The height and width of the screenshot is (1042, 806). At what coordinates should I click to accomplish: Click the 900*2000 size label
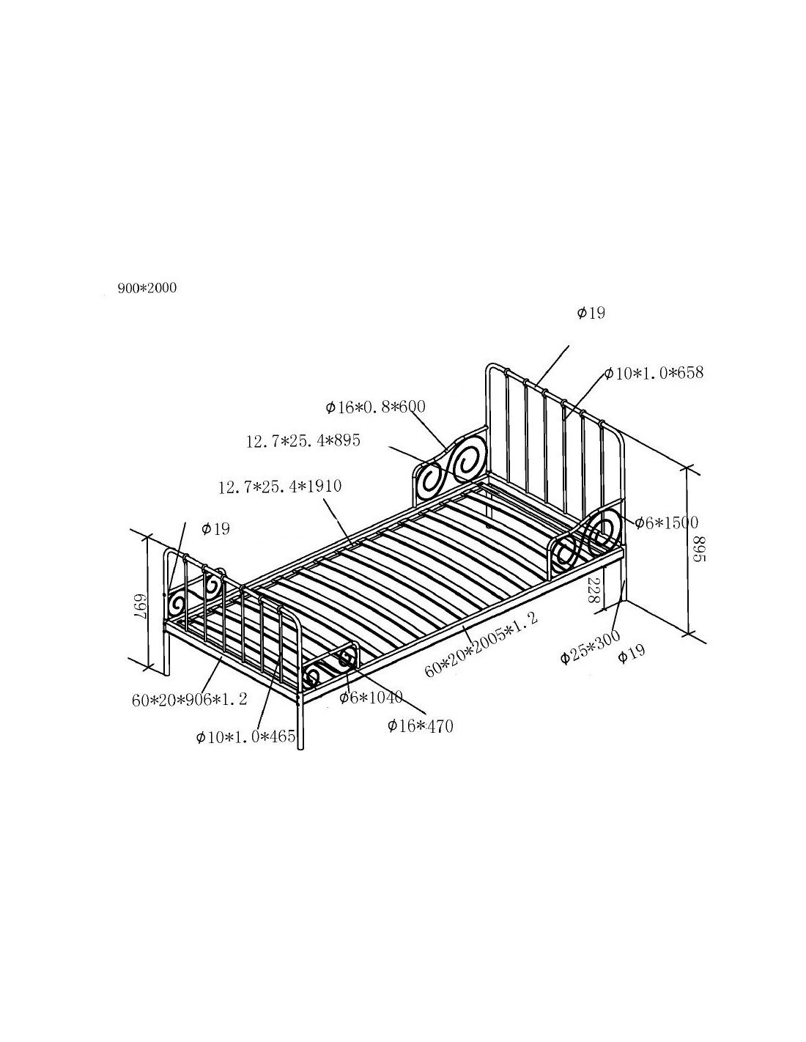point(147,288)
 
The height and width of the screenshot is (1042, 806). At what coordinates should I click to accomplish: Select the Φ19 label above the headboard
point(591,313)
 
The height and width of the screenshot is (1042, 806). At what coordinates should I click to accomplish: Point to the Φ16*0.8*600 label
point(375,407)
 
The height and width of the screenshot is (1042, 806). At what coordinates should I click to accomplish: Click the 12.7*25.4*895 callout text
point(303,440)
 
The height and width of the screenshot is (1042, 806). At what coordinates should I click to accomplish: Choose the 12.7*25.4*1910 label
point(280,487)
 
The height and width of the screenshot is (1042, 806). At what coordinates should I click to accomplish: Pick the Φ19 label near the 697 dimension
point(215,529)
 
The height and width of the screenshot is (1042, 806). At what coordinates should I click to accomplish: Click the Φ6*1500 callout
point(667,522)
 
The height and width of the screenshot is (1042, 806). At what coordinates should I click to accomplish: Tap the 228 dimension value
point(593,590)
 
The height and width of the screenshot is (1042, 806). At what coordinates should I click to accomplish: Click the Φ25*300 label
point(591,647)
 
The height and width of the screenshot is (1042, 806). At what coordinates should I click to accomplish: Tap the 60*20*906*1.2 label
point(189,700)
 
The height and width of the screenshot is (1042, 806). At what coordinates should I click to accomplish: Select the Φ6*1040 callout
point(371,698)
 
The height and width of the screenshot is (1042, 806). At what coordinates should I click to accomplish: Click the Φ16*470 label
point(420,726)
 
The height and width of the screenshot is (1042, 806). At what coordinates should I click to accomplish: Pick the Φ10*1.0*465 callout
point(245,736)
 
